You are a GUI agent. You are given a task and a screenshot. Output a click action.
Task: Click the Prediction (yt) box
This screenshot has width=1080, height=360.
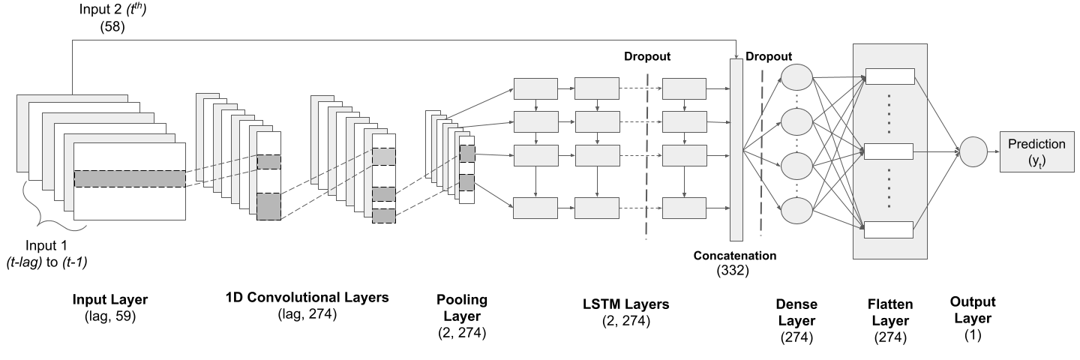click(x=1036, y=151)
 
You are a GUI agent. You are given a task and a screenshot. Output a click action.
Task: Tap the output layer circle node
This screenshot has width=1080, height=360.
click(x=973, y=151)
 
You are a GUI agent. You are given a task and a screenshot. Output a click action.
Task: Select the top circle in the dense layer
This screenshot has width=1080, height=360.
click(x=796, y=77)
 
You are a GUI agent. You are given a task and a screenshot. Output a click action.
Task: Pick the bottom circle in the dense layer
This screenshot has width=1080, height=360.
click(x=796, y=211)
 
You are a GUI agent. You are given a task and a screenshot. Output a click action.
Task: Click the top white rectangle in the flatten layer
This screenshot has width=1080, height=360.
click(x=890, y=76)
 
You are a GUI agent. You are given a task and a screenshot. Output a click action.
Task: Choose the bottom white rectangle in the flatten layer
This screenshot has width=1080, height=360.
click(x=889, y=230)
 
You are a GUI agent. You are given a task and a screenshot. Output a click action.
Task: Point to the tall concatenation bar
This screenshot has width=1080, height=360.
click(x=736, y=150)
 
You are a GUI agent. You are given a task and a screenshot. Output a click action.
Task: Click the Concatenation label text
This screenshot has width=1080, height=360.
click(x=735, y=256)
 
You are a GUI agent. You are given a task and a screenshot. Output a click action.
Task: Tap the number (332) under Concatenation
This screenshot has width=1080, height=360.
click(x=733, y=271)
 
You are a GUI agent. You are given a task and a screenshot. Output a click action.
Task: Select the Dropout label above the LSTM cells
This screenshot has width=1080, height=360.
click(x=647, y=56)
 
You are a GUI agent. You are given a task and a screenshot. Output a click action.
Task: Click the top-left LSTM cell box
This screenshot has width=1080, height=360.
click(x=535, y=88)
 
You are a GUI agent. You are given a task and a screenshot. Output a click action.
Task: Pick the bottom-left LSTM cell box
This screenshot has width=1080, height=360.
click(x=535, y=208)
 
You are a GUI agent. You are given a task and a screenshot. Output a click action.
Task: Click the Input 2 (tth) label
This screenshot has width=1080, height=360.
click(x=112, y=10)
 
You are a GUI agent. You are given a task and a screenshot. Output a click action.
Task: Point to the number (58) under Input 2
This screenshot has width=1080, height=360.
click(x=112, y=26)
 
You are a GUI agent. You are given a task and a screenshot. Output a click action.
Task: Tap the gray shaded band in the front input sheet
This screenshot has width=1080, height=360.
click(x=130, y=178)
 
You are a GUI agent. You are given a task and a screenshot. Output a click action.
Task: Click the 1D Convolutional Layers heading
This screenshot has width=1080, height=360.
click(x=307, y=297)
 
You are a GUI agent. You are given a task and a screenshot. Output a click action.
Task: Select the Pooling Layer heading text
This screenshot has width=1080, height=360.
click(x=462, y=308)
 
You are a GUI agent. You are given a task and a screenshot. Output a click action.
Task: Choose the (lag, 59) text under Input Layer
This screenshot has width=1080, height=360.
click(x=110, y=316)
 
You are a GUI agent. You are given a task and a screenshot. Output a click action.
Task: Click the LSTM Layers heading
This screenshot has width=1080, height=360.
click(x=625, y=304)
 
